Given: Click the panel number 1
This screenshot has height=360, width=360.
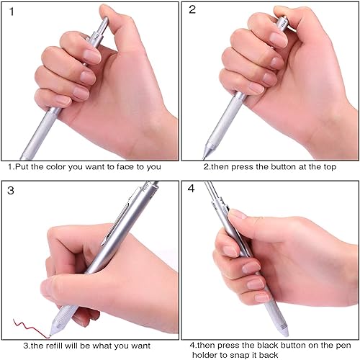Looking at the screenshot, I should point(9,9).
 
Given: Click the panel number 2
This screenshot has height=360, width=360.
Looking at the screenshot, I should point(192,9).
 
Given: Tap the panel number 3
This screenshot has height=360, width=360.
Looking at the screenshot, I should point(10,191).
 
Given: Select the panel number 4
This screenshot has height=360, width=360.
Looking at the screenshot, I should point(192,191).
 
